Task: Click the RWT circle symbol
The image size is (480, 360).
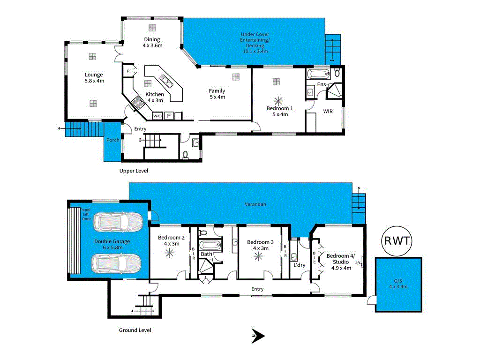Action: click(397, 241)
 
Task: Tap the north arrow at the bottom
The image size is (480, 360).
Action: click(258, 336)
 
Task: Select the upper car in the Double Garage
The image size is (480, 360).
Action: click(118, 222)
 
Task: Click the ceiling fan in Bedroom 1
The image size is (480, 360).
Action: click(279, 100)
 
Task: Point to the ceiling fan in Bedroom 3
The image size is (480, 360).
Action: click(258, 256)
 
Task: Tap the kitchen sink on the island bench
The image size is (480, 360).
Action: click(166, 82)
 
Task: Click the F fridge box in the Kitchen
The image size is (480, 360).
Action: click(169, 115)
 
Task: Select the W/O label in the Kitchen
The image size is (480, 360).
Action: click(157, 115)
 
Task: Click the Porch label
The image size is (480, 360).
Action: click(113, 140)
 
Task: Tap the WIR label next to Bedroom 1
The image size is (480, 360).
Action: click(328, 112)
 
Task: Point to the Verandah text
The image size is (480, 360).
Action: click(255, 204)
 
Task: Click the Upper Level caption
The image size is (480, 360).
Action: click(134, 171)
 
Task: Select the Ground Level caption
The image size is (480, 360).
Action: click(135, 330)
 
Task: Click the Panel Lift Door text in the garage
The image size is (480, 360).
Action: click(86, 213)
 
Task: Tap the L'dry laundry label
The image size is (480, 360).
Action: click(300, 265)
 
